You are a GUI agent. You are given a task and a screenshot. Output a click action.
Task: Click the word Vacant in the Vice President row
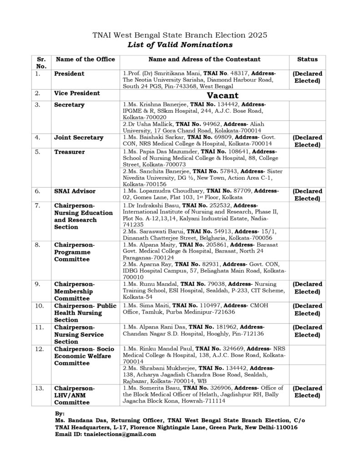pyautogui.click(x=223, y=95)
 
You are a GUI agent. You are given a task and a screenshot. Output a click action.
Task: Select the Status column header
pyautogui.click(x=307, y=59)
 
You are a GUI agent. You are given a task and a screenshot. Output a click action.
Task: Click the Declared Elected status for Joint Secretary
pyautogui.click(x=307, y=141)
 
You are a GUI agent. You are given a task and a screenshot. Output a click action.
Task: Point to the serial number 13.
pyautogui.click(x=40, y=388)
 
